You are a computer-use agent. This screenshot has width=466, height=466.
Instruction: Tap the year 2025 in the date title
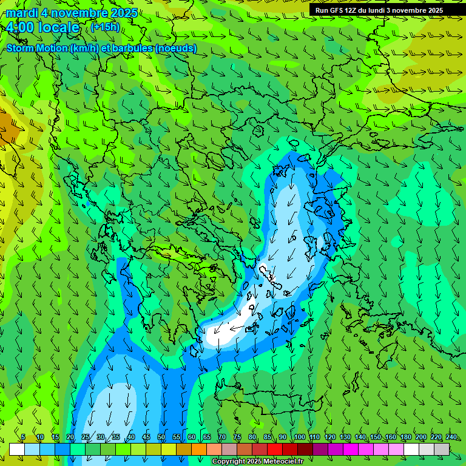tap(123, 13)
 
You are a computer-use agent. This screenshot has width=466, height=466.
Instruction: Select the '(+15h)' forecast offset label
tap(105, 27)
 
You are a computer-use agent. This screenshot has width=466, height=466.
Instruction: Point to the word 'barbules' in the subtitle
tap(132, 49)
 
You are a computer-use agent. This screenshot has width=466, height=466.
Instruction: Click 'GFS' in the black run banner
tap(337, 10)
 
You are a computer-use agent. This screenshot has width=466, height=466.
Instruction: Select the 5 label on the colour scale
tap(23, 437)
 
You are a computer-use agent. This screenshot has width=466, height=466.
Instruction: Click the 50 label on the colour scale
tap(161, 437)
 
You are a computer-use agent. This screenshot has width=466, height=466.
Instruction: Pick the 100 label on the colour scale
tap(299, 437)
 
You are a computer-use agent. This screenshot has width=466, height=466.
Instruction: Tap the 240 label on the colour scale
tap(451, 437)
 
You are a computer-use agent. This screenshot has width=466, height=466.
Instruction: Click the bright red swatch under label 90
tap(275, 449)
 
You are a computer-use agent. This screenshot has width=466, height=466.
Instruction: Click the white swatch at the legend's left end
tap(16, 449)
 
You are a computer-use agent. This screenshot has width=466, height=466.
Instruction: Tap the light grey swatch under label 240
tap(442, 449)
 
